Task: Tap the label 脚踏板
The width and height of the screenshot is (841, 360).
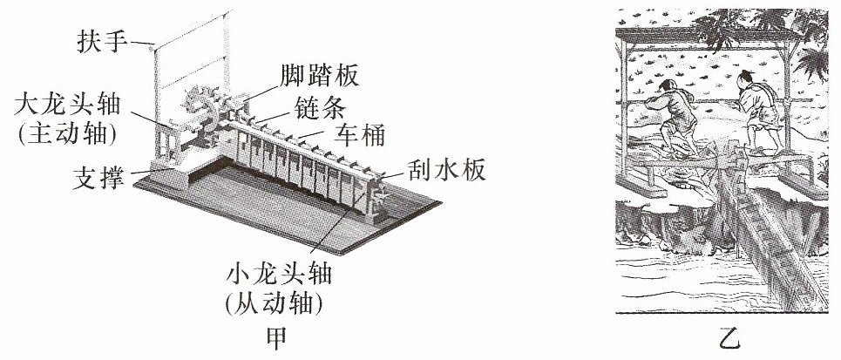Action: point(318,77)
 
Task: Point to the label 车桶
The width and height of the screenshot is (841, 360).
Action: point(359,136)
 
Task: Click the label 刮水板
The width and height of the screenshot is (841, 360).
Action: point(446,170)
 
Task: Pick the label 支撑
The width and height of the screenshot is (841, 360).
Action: point(98,179)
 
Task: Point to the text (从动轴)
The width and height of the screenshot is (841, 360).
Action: point(275,304)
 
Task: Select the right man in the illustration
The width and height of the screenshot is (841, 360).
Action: point(758,110)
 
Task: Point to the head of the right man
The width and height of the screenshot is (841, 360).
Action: point(747,78)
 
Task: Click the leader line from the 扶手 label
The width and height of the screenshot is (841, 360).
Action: point(144,43)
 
